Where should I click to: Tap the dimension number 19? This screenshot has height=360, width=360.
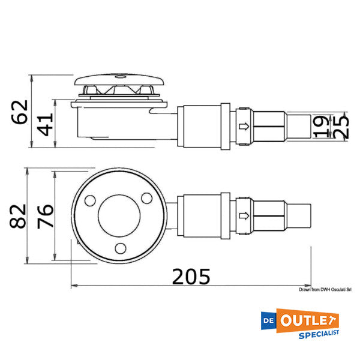[x=322, y=126]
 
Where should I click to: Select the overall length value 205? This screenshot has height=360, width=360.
[x=191, y=277]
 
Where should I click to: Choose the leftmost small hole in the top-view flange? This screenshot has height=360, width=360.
[x=91, y=200]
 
